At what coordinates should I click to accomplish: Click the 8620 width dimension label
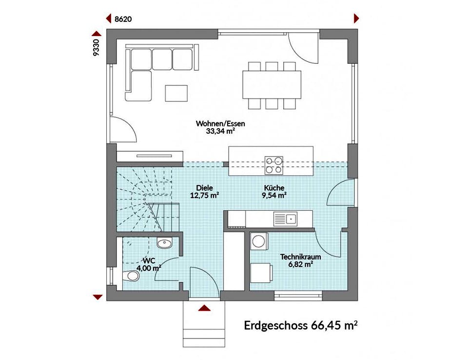[123, 19]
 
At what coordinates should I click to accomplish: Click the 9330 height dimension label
[96, 47]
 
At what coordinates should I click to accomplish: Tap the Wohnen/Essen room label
[220, 123]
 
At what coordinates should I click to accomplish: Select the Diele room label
[204, 188]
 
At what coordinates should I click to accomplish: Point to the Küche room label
[274, 188]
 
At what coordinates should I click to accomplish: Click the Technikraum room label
[301, 257]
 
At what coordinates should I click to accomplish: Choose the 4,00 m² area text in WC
[149, 268]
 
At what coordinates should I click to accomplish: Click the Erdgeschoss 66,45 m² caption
[301, 325]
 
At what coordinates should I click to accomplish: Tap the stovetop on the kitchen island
[273, 165]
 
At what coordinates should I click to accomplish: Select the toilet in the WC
[131, 276]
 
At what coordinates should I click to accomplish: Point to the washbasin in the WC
[164, 243]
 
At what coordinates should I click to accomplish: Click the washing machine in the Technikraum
[259, 241]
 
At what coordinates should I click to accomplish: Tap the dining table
[272, 84]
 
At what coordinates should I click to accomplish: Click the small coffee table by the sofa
[176, 93]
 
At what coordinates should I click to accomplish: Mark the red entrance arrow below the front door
[204, 308]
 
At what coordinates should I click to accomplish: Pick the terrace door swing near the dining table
[303, 48]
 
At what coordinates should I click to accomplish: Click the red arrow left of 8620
[109, 19]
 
